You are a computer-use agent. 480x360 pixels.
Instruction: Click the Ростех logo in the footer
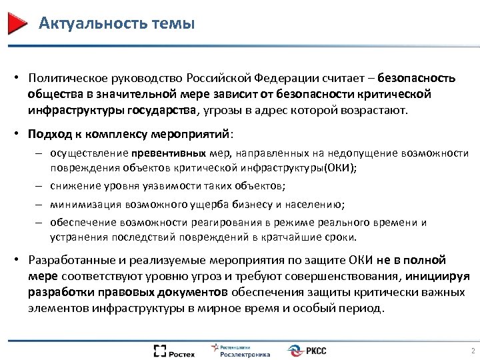point(175,351)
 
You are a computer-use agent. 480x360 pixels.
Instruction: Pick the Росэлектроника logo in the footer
point(241,351)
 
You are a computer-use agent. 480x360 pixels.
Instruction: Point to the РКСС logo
point(308,351)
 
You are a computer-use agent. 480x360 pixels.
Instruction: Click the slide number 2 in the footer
point(471,351)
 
